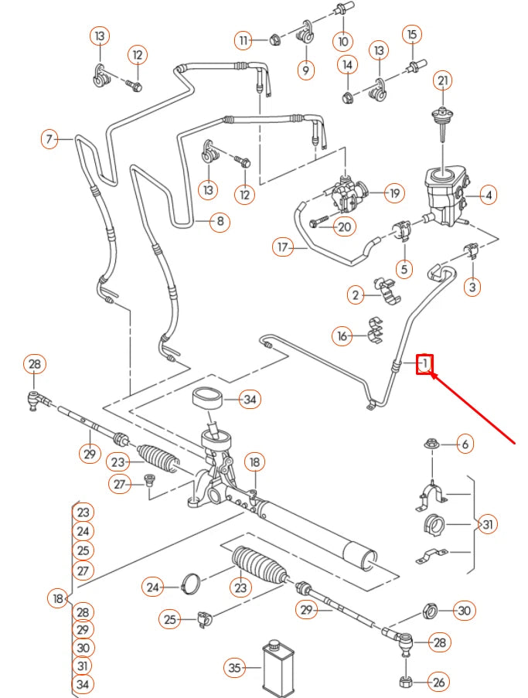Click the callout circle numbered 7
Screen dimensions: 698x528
pos(49,140)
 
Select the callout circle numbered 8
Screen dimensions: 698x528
pos(220,223)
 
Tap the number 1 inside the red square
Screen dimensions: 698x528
pos(424,363)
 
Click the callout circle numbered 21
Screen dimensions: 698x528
pos(442,80)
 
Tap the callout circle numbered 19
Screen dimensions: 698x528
pos(394,192)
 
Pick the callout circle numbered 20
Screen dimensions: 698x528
pos(345,226)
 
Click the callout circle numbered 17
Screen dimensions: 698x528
pos(283,247)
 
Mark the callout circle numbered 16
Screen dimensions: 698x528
pos(343,335)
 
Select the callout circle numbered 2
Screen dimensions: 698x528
pos(356,295)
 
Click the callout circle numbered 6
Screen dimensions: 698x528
pos(464,444)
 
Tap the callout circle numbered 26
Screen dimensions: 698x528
pos(438,682)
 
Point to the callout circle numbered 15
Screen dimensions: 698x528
pos(411,35)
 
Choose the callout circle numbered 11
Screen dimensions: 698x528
pos(245,39)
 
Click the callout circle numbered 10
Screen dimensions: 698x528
pos(342,40)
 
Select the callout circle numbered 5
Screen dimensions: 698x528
pos(404,269)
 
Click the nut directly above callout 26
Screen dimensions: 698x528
pos(405,681)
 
